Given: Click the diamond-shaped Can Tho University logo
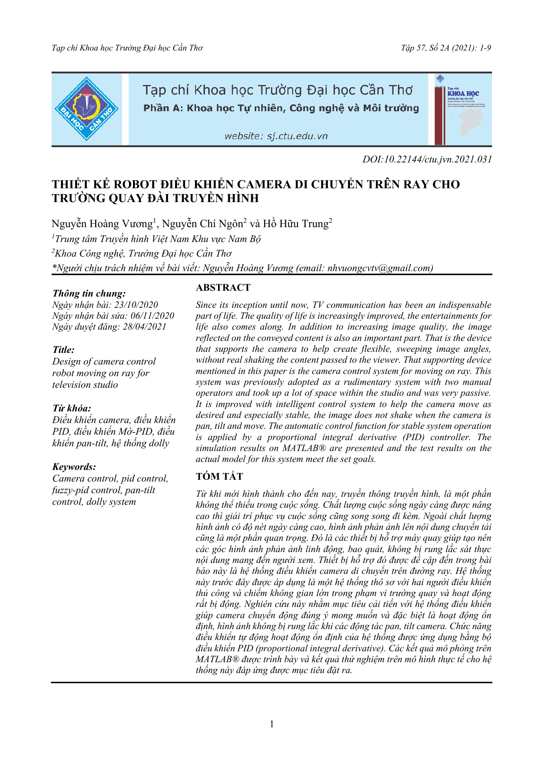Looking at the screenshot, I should tap(86, 109).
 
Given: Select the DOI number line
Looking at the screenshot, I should tap(427, 159).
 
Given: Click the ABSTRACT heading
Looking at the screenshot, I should tap(223, 287).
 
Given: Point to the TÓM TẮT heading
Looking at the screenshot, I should tap(219, 476).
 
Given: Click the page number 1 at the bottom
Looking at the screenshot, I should tap(272, 724).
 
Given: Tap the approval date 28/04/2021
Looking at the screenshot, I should tap(145, 327).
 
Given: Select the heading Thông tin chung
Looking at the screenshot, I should tap(89, 293).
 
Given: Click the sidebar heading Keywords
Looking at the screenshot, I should tap(74, 467).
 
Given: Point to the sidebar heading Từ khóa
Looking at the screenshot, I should tap(72, 408).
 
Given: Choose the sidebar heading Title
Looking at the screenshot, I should tap(64, 350).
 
